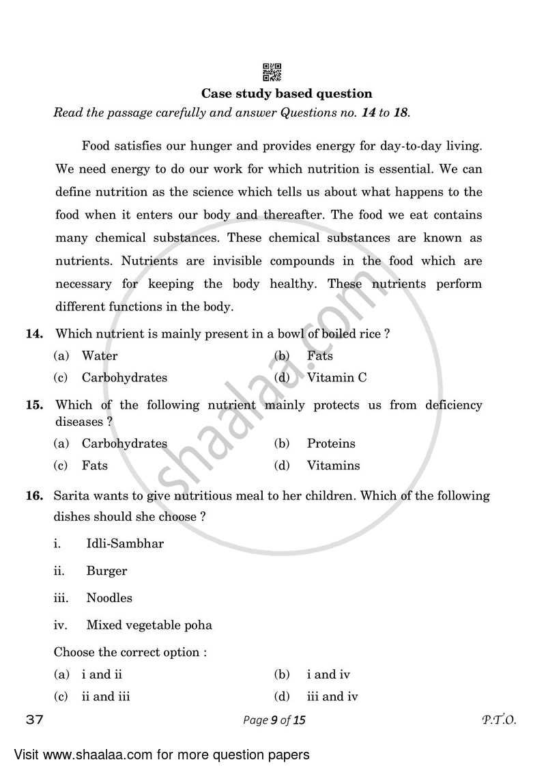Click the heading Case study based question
click(287, 94)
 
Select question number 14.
click(35, 334)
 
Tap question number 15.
click(35, 405)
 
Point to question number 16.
click(35, 496)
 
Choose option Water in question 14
click(99, 355)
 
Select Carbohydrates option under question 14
click(124, 377)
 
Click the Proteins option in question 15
click(330, 444)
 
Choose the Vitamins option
click(333, 465)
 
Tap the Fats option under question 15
click(94, 465)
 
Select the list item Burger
click(106, 571)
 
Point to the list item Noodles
click(109, 598)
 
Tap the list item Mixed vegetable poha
click(149, 625)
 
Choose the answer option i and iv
click(328, 675)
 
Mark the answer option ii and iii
click(105, 696)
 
